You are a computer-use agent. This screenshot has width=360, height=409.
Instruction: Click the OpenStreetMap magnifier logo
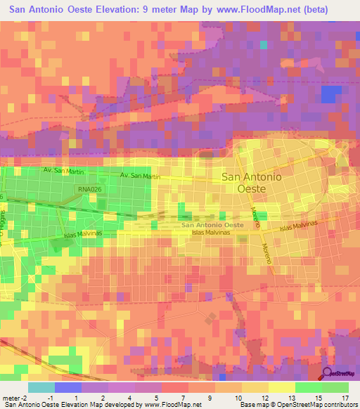pyautogui.click(x=328, y=375)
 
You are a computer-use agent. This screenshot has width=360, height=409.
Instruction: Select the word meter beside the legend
pyautogui.click(x=11, y=397)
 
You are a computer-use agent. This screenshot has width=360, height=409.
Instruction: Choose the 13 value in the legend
pyautogui.click(x=309, y=397)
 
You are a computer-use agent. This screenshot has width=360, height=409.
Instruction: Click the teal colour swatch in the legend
pyautogui.click(x=41, y=387)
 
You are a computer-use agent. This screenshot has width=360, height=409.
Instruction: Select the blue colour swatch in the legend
pyautogui.click(x=67, y=387)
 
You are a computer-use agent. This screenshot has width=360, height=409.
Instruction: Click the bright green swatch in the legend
pyautogui.click(x=308, y=387)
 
